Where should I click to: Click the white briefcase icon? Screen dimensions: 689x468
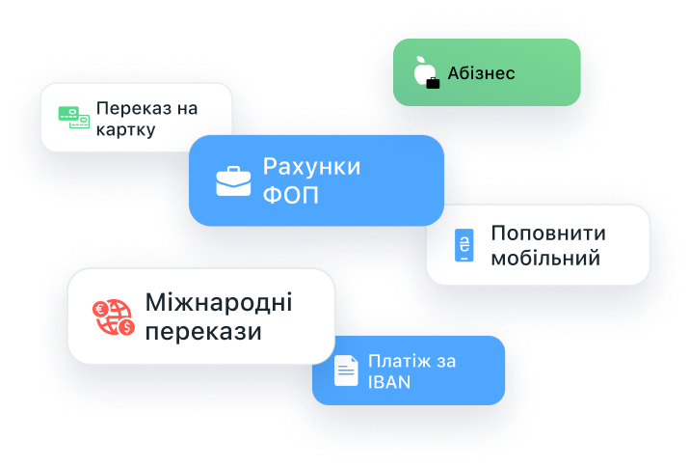233,181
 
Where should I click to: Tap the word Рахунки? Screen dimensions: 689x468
311,168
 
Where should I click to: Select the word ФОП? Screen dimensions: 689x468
290,195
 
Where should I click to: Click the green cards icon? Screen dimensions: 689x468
74,118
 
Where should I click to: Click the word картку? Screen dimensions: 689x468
125,130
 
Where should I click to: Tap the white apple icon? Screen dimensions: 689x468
424,70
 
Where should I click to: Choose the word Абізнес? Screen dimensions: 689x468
481,73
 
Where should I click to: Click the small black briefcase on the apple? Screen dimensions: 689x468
433,83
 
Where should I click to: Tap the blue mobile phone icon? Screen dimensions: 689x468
464,245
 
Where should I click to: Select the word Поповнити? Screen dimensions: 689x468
548,234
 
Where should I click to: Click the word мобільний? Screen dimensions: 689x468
545,259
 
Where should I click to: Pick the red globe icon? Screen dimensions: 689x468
114,317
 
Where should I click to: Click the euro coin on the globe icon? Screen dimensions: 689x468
100,309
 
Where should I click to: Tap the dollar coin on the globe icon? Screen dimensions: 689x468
126,327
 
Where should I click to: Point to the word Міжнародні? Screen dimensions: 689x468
219,303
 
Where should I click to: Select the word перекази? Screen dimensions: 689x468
203,332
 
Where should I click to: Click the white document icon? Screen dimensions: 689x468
346,371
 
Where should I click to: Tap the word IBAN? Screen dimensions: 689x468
389,383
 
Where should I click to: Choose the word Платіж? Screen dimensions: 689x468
393,362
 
